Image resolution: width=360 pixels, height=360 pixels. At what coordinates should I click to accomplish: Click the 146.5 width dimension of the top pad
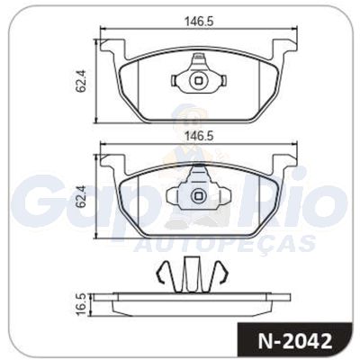198,22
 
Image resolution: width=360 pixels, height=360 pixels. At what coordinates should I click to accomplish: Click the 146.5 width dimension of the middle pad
198,136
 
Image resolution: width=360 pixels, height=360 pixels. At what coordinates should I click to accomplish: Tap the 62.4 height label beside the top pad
81,80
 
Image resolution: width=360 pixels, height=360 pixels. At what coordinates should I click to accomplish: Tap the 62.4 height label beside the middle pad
81,196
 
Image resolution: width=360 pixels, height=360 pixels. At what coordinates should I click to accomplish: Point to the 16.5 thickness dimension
81,304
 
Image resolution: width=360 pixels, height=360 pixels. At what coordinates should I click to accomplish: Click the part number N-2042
295,341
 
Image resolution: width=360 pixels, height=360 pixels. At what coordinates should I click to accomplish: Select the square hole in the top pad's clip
198,81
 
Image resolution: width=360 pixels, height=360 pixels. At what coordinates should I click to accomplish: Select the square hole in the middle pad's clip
198,196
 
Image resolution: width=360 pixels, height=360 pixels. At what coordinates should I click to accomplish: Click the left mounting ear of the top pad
112,47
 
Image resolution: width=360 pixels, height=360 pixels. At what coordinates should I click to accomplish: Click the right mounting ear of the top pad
284,47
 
